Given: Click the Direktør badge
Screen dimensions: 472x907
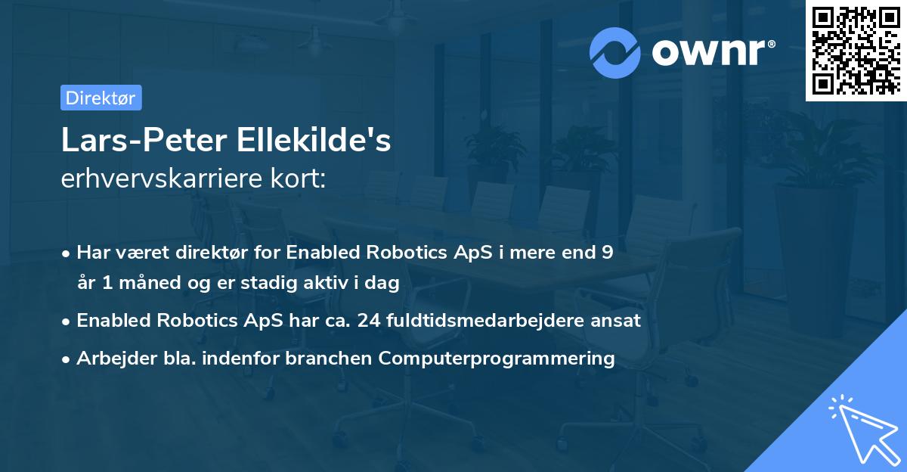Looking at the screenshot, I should pos(101,98).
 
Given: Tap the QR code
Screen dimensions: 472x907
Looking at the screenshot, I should pos(856,50).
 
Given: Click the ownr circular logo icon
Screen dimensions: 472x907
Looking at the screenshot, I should pos(616,52).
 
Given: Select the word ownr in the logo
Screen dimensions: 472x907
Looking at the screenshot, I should pos(710,51).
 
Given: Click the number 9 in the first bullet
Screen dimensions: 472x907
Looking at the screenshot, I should pos(607,253).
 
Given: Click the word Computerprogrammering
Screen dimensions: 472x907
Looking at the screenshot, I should pos(497,358).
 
